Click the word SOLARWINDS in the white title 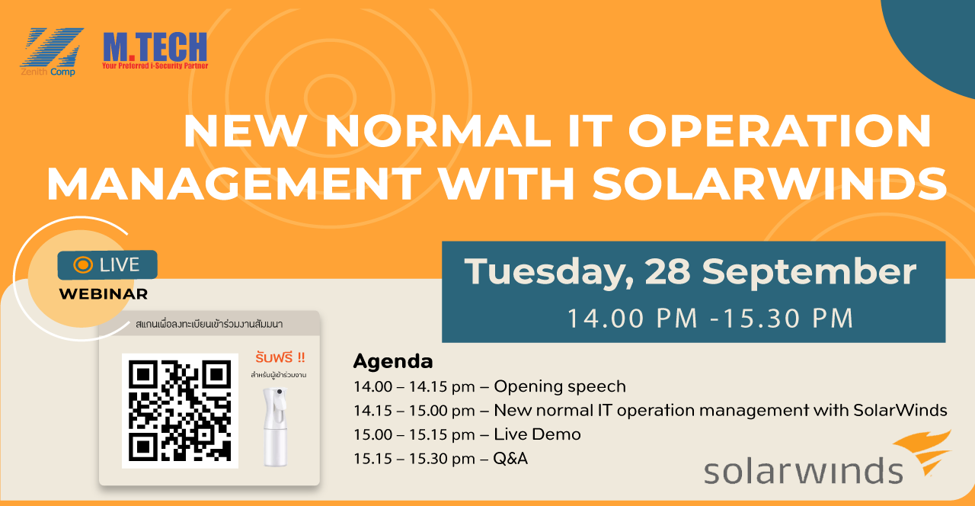pyautogui.click(x=769, y=184)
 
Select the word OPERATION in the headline pyautogui.click(x=780, y=131)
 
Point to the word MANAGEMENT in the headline pyautogui.click(x=234, y=184)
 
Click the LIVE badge pyautogui.click(x=107, y=264)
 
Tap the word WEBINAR pyautogui.click(x=104, y=294)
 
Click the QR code pyautogui.click(x=180, y=411)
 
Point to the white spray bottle pyautogui.click(x=275, y=427)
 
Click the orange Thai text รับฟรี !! pyautogui.click(x=280, y=357)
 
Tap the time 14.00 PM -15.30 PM pyautogui.click(x=711, y=319)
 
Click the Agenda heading pyautogui.click(x=393, y=361)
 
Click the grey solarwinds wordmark pyautogui.click(x=804, y=471)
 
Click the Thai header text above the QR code pyautogui.click(x=209, y=325)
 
